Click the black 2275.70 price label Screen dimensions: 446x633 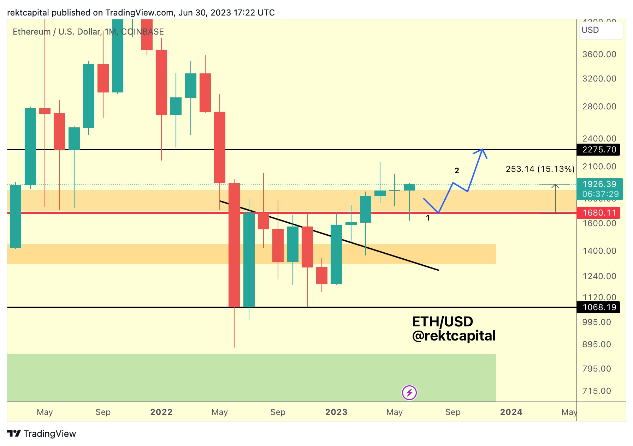point(599,150)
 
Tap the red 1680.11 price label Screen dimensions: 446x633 point(599,213)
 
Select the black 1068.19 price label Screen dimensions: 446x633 point(599,307)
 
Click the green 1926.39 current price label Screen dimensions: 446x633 point(599,184)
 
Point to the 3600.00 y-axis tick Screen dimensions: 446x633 point(599,54)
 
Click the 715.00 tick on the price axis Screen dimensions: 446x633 point(597,391)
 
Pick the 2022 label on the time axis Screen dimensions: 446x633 point(161,412)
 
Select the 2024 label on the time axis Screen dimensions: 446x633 point(511,412)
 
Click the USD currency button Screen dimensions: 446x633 point(601,30)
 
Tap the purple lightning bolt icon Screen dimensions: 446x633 point(409,392)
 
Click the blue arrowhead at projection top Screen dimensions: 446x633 point(482,150)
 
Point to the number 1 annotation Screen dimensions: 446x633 point(428,218)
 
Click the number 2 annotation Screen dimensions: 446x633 point(457,171)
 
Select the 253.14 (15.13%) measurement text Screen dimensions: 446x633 point(540,169)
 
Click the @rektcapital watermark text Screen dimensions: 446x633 point(454,336)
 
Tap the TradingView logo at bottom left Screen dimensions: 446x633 point(42,434)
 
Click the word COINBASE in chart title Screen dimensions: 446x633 point(142,32)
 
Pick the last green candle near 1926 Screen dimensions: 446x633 point(409,187)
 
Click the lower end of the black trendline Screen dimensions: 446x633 point(438,270)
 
